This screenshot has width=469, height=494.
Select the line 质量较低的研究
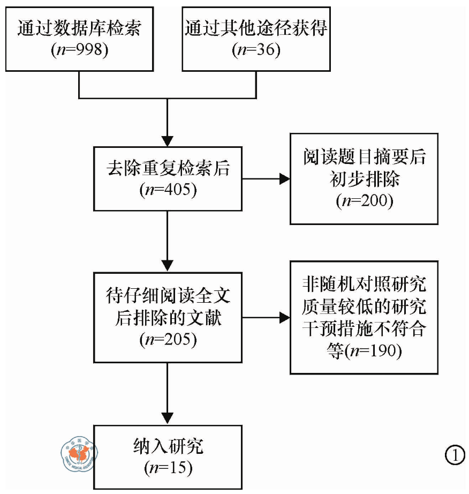point(364,306)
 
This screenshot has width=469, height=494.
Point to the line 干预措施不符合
point(364,329)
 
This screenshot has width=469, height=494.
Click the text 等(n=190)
point(364,351)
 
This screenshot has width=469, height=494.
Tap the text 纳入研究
point(168,446)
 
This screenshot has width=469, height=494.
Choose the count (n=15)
point(168,468)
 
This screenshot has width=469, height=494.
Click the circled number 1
point(455,455)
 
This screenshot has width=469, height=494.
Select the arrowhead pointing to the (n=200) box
point(284,179)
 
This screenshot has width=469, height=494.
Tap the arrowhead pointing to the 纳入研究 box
point(168,418)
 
